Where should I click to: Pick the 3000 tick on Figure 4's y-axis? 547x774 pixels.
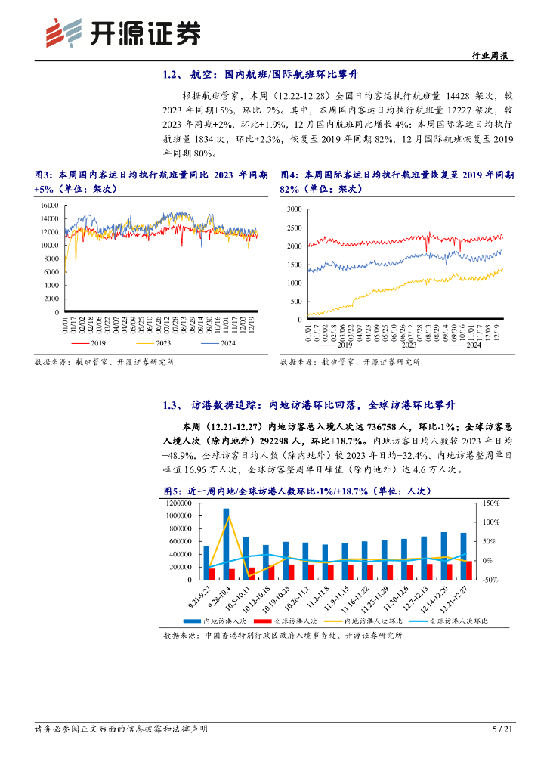click(x=291, y=208)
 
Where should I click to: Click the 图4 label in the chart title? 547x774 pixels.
click(x=289, y=175)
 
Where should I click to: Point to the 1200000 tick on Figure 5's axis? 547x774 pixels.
click(x=181, y=503)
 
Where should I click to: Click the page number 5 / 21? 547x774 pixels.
click(x=502, y=729)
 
